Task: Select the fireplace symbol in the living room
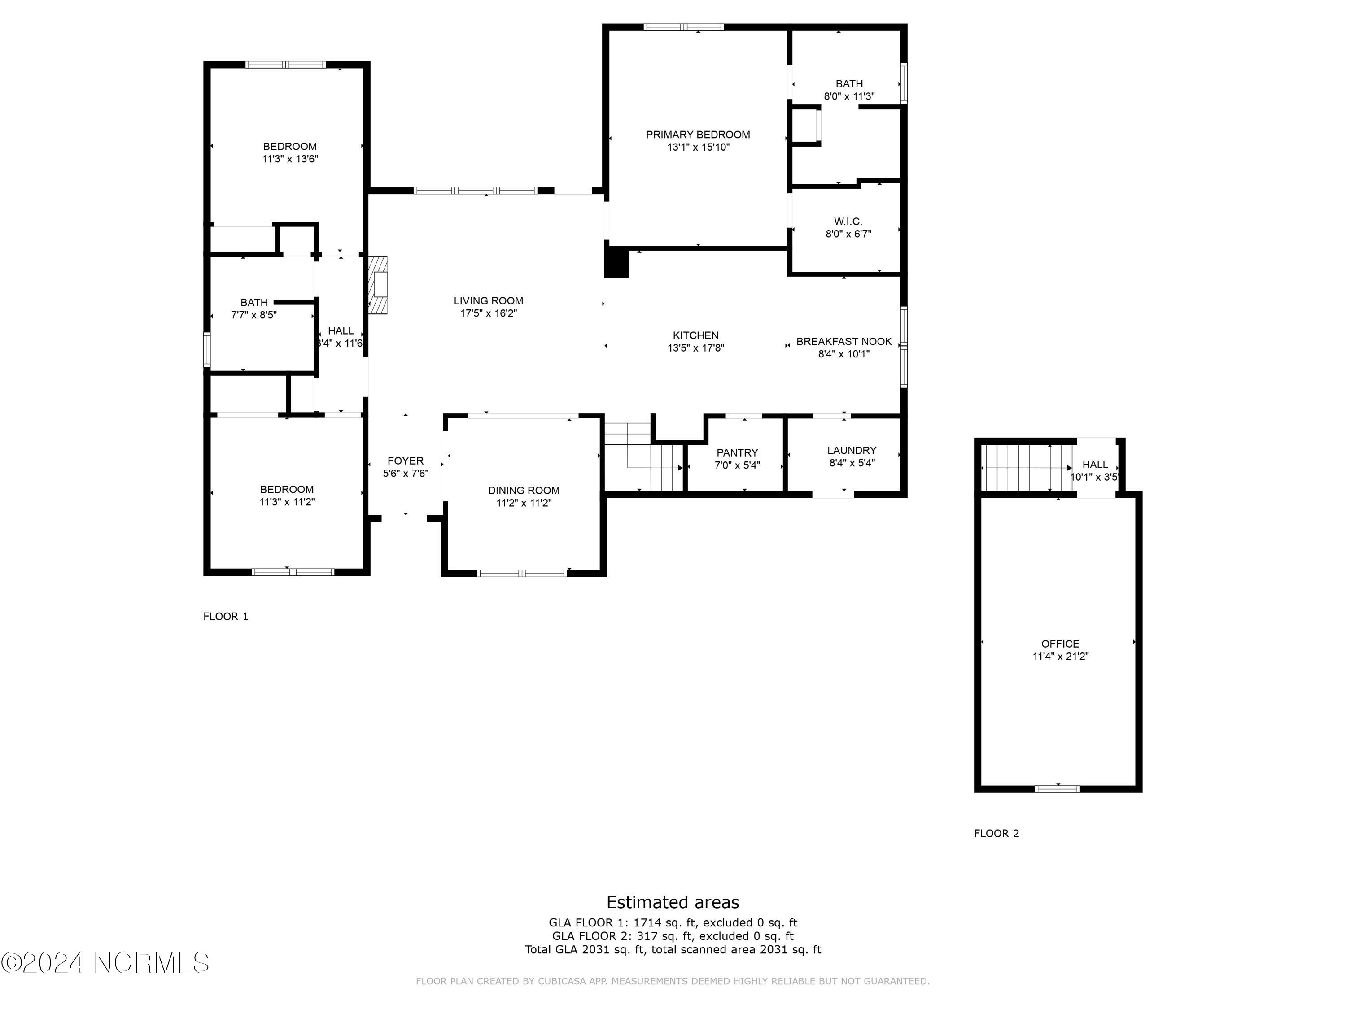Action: pyautogui.click(x=378, y=285)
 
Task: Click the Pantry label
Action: pyautogui.click(x=737, y=452)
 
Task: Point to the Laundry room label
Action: pyautogui.click(x=851, y=450)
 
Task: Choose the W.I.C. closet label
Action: pyautogui.click(x=848, y=222)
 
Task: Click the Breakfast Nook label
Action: pyautogui.click(x=843, y=341)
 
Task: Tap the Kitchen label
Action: pyautogui.click(x=695, y=335)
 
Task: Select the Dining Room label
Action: pyautogui.click(x=523, y=490)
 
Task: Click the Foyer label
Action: pyautogui.click(x=405, y=461)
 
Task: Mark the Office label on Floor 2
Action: pyautogui.click(x=1060, y=644)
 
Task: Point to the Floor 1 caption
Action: pyautogui.click(x=226, y=616)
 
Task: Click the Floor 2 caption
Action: pyautogui.click(x=996, y=833)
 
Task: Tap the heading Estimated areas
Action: pyautogui.click(x=673, y=902)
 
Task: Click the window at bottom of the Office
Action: pyautogui.click(x=1058, y=789)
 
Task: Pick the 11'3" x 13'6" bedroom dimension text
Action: pyautogui.click(x=290, y=159)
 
